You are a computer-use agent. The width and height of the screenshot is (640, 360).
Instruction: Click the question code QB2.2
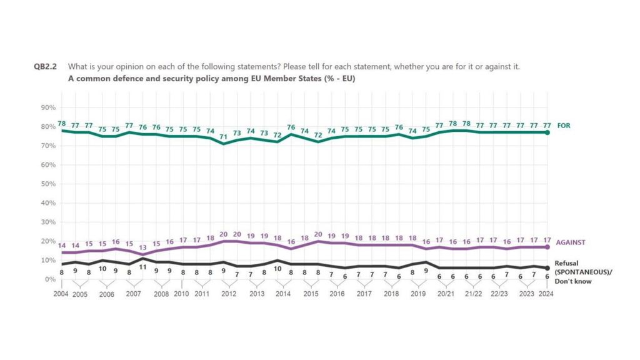(x=46, y=66)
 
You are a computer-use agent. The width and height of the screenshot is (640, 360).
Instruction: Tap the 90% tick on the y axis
(x=48, y=107)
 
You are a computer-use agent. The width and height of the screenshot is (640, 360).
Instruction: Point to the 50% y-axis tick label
(x=48, y=184)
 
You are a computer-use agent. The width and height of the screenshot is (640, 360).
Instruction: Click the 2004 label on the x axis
(x=61, y=294)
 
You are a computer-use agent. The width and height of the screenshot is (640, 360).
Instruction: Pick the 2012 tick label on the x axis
(x=229, y=294)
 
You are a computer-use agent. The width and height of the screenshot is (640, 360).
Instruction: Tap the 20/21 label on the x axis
(x=444, y=294)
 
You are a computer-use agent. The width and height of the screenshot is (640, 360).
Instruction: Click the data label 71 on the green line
(x=223, y=136)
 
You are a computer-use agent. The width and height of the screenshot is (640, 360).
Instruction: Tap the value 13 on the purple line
(x=142, y=247)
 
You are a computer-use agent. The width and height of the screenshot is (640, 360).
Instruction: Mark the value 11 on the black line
(x=142, y=267)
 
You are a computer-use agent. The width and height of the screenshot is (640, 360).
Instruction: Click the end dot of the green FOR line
(x=548, y=132)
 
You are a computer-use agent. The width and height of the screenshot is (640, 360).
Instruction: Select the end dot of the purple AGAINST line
(x=548, y=247)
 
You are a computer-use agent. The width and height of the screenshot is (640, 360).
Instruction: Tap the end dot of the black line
(x=548, y=268)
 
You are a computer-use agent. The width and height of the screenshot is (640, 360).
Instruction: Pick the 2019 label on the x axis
(x=417, y=294)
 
